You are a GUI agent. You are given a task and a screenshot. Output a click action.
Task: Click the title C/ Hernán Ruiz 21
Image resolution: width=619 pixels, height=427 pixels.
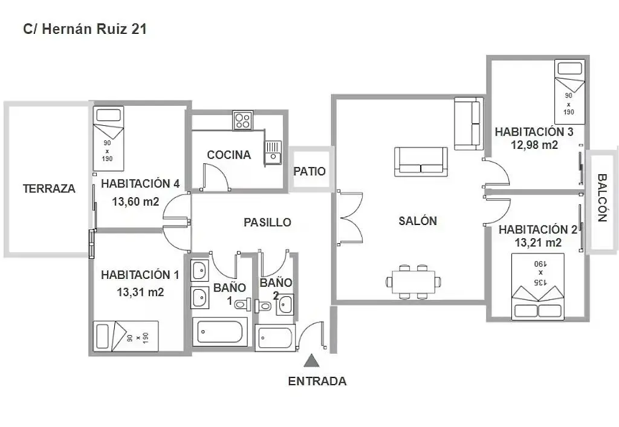(85, 28)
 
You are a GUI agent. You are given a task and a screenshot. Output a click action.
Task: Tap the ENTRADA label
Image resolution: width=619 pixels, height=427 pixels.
(317, 382)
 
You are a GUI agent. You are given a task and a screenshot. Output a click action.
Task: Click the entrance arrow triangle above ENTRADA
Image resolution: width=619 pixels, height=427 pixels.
(311, 361)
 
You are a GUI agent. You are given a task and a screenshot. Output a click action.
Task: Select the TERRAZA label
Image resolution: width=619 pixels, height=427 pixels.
(49, 189)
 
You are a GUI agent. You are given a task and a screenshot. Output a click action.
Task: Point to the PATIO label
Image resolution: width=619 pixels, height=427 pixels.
(309, 172)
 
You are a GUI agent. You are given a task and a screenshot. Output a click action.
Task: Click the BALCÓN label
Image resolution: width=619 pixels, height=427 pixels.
(602, 198)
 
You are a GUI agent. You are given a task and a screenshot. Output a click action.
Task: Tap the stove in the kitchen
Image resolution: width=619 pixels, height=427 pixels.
(243, 120)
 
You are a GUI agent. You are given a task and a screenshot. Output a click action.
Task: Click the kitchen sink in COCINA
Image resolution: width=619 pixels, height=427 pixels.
(273, 151)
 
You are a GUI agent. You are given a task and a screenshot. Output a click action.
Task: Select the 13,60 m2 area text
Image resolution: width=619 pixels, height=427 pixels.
(135, 202)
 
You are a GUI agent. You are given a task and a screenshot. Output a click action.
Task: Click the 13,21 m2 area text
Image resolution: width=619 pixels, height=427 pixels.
(538, 243)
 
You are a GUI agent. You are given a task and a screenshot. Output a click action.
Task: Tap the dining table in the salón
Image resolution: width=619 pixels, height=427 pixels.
(414, 281)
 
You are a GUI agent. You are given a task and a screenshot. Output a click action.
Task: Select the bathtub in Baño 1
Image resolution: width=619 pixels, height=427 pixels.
(219, 332)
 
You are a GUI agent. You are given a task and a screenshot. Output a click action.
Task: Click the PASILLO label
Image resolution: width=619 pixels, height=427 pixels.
(267, 223)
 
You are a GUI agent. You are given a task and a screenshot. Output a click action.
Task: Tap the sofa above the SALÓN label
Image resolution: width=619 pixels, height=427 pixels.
(421, 161)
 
